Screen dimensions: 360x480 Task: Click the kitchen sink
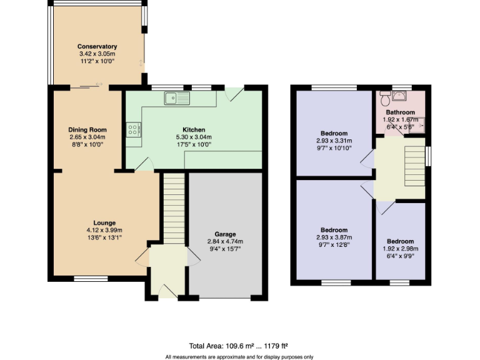tap(177, 97)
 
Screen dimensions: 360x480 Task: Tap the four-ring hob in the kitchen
tap(134, 129)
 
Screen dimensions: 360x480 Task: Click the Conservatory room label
tap(97, 46)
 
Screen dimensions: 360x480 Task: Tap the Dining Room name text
tap(87, 130)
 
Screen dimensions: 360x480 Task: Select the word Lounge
tap(104, 222)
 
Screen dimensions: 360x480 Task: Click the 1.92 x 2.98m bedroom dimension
tap(399, 249)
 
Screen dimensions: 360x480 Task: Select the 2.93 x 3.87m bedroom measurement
tap(334, 237)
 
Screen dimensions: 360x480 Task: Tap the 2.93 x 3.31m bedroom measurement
tap(334, 141)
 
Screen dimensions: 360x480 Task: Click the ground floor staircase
tap(175, 209)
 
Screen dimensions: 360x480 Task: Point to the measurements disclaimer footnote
tap(239, 356)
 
